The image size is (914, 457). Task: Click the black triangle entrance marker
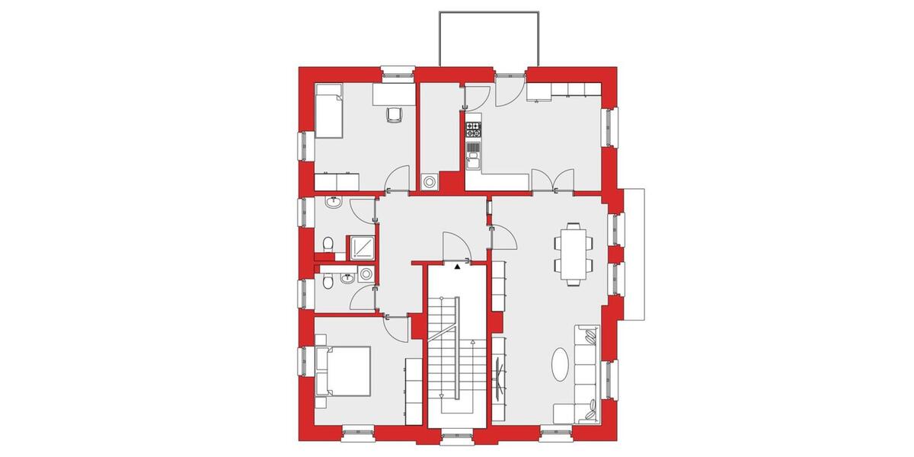click(x=457, y=267)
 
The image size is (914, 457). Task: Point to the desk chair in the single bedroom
click(x=394, y=114)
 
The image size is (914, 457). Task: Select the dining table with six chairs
click(x=572, y=252)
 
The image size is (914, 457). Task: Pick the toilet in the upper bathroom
click(x=328, y=244)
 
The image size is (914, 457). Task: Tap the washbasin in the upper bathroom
click(x=333, y=203)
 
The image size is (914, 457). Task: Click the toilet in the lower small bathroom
click(x=328, y=282)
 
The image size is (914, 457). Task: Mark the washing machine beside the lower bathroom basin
click(x=366, y=273)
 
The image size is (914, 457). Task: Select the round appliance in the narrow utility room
click(x=430, y=182)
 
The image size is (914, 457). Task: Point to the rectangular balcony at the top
click(x=490, y=39)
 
